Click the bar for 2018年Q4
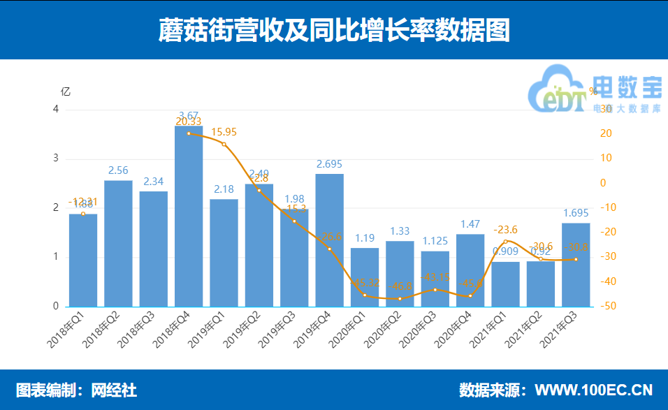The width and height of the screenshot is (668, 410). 189,217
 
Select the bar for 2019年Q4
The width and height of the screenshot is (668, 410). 330,240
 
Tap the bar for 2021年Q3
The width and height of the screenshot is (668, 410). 576,265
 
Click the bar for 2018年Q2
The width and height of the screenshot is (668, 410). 118,244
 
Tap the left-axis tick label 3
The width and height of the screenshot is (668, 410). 56,159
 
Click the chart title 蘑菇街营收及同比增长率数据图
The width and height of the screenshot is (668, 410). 334,30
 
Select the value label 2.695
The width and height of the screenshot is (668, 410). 330,164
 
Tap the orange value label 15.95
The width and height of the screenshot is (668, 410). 224,132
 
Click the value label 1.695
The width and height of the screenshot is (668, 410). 576,213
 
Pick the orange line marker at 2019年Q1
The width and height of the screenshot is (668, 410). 224,144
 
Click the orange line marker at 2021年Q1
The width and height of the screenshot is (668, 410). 505,242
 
